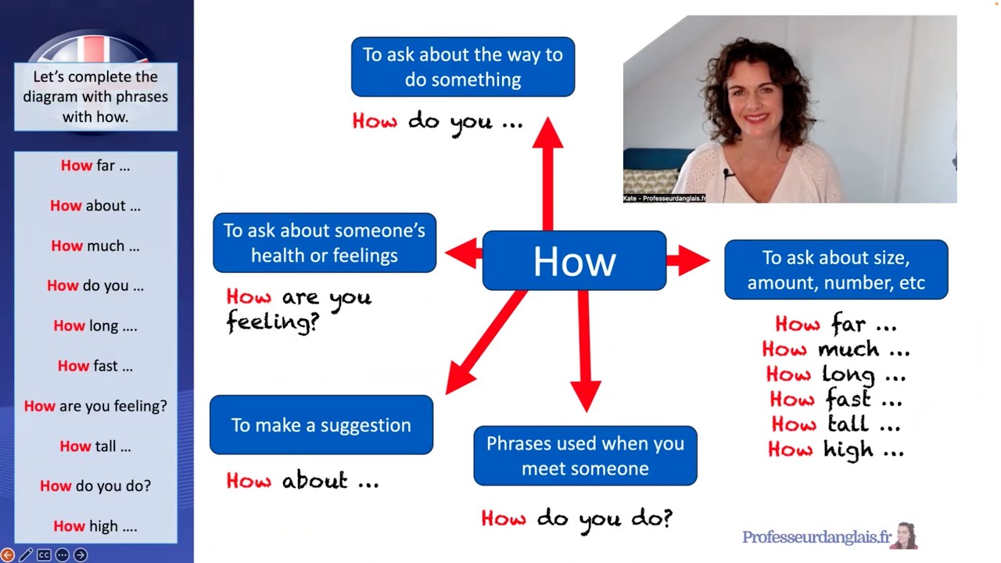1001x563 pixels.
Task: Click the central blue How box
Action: [574, 261]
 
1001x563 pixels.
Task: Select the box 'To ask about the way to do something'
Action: [462, 66]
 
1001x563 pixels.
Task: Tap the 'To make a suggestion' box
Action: [321, 425]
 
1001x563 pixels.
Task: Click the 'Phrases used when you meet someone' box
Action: [585, 455]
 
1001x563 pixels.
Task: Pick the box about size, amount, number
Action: [835, 270]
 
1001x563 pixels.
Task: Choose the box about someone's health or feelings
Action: [324, 243]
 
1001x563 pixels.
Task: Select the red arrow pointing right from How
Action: [688, 260]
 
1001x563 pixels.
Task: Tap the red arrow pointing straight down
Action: [584, 352]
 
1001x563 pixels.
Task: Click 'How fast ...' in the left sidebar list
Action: [95, 366]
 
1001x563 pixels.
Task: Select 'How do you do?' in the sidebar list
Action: [95, 486]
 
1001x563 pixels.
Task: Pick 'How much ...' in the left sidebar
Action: [95, 246]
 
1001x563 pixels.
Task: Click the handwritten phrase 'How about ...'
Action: [303, 480]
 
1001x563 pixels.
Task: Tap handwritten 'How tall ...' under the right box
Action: [835, 425]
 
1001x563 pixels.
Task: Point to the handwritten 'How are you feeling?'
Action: [298, 309]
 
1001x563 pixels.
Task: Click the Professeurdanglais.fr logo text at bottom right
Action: [816, 537]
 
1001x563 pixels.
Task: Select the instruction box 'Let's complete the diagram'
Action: [95, 96]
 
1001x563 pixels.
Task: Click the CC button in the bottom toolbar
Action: [44, 555]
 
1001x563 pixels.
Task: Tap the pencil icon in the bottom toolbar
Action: [26, 555]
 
